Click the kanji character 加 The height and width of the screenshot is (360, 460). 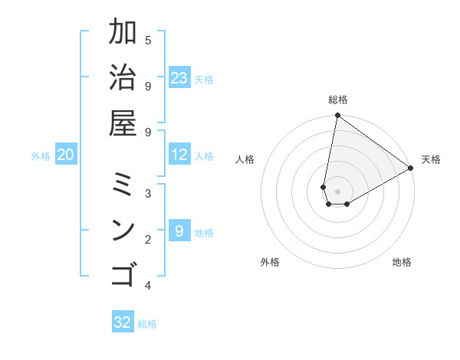[x=123, y=33]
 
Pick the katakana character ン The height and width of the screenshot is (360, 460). [x=123, y=230]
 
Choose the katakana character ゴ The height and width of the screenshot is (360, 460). [x=123, y=274]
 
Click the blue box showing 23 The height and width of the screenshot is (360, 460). [x=179, y=78]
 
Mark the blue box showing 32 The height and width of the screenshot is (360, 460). [x=123, y=322]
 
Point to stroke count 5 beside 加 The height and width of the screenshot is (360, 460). [x=148, y=40]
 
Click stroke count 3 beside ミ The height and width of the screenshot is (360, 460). [x=148, y=193]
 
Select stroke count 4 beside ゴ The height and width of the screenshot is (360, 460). [x=148, y=286]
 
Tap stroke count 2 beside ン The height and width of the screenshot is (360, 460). [x=148, y=240]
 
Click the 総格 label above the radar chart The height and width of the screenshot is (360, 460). [x=338, y=100]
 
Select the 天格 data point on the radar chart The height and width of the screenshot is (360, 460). [x=411, y=169]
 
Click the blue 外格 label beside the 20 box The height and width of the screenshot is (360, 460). [x=41, y=156]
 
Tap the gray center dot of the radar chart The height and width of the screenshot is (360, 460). [x=337, y=191]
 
